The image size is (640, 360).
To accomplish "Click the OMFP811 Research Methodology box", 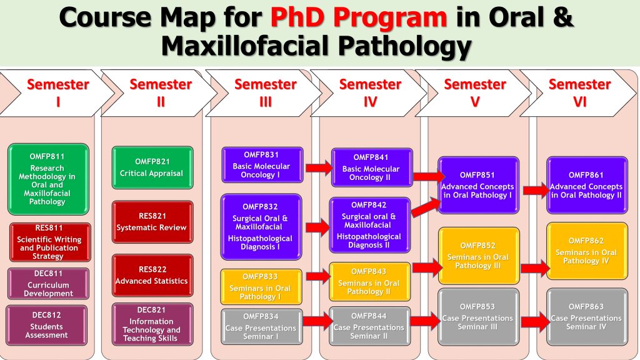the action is point(48,179).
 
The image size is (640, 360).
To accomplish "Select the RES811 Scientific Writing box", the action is point(50,242).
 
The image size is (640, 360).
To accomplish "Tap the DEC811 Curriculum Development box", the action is point(48,284).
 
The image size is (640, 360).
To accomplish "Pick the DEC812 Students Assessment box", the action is point(46,325).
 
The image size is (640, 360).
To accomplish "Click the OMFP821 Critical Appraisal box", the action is point(152,167).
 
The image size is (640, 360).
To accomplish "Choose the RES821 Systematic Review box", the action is point(152,222).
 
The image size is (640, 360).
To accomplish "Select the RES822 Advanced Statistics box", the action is point(152,276).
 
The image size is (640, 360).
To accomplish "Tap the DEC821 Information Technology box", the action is point(152,324).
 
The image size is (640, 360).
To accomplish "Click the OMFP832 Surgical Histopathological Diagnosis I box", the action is point(261,227).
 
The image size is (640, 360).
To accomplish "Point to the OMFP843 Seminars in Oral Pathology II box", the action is point(370,282).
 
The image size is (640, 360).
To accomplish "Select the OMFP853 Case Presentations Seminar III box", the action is point(478,317).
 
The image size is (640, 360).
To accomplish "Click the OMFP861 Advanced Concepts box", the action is point(587,185).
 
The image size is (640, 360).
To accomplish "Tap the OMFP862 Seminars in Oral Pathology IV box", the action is point(587,251).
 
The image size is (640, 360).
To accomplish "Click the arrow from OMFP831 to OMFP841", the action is point(319,167).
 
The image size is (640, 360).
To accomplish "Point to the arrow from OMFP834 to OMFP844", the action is point(317,321).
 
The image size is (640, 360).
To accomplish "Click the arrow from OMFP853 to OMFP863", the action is point(535,322).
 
